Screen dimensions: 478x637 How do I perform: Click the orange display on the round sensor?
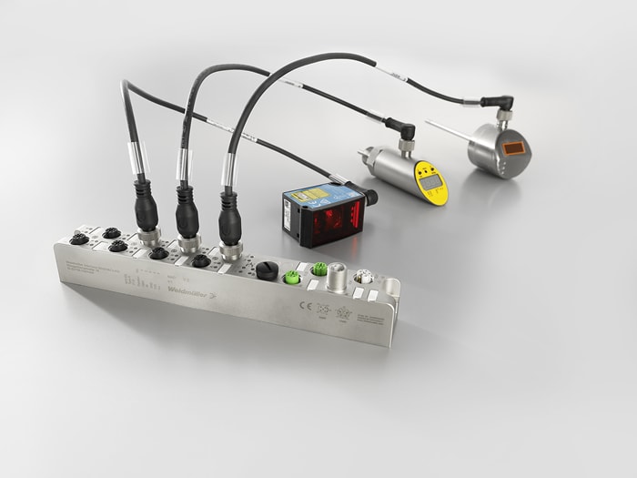511,147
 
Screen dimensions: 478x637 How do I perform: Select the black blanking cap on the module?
267,270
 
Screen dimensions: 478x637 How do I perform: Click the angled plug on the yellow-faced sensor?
401,128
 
